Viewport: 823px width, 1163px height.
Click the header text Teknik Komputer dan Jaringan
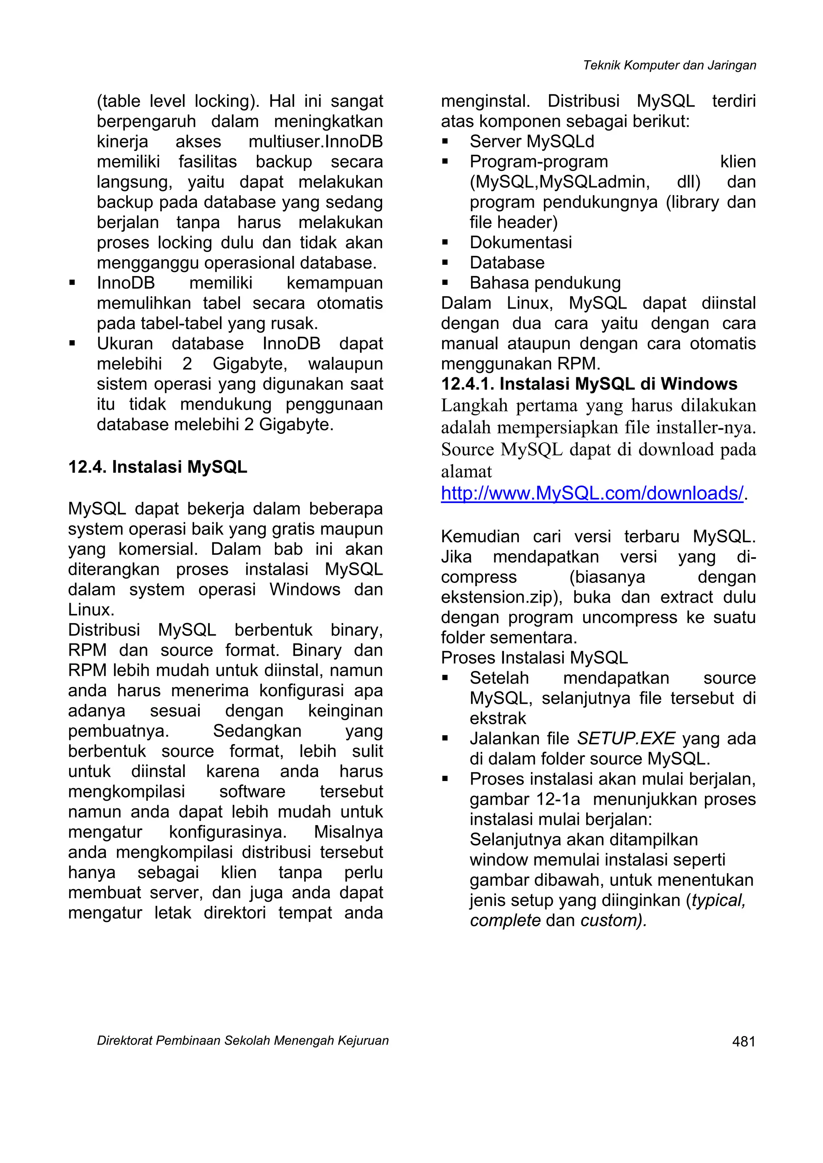pos(669,65)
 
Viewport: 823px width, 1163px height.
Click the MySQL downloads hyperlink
pos(592,493)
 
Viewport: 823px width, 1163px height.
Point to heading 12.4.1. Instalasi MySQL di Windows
pos(589,384)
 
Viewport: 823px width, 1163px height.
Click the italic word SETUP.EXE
pos(626,738)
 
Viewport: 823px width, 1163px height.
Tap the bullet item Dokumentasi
pos(520,243)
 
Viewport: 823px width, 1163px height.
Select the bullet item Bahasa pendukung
pos(545,283)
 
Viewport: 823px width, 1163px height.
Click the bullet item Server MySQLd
pos(532,142)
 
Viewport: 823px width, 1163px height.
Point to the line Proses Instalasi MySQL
pos(534,658)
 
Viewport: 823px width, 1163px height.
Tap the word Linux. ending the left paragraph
pos(91,610)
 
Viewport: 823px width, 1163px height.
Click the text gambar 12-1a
pos(524,799)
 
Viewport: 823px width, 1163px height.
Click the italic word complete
pos(505,920)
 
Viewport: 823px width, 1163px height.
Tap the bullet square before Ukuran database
pos(72,344)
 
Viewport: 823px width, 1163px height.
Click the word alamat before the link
pos(466,472)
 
